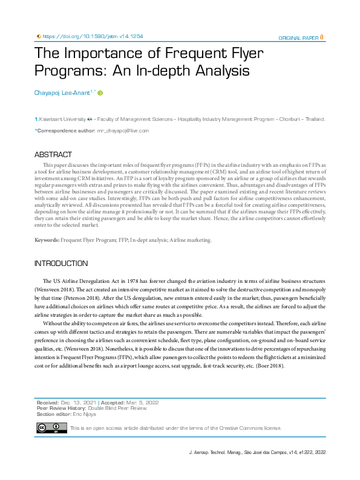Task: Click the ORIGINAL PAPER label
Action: tap(298, 37)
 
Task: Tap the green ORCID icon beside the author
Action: tap(100, 93)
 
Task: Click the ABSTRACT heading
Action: tap(53, 155)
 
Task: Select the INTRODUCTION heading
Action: tap(61, 264)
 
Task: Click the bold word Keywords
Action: tap(47, 240)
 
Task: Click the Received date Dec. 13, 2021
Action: tap(79, 402)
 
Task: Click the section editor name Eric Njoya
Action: tap(84, 414)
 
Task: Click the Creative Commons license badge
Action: tap(51, 428)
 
